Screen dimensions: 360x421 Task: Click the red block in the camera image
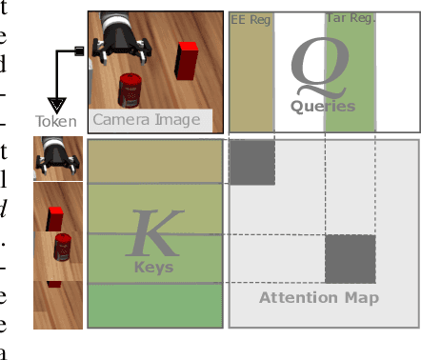[187, 62]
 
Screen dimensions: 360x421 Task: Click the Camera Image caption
[146, 120]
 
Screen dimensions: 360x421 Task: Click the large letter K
[154, 230]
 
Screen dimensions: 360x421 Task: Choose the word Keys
[153, 268]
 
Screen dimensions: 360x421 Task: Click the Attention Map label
[319, 298]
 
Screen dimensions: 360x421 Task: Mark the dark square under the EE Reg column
[251, 162]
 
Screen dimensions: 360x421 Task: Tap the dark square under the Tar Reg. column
[350, 259]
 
